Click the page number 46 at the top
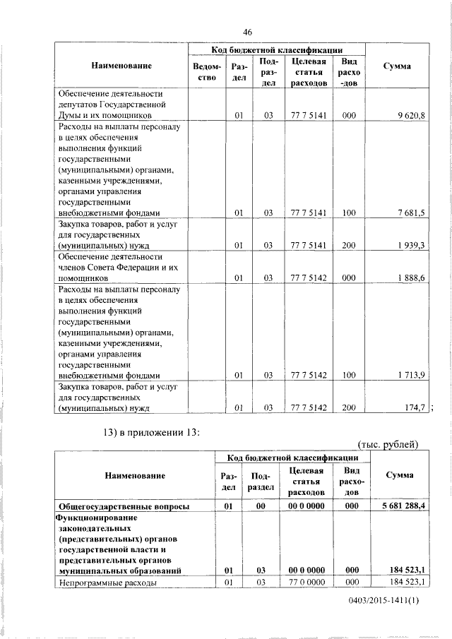tap(247, 32)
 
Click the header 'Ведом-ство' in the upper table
tap(204, 72)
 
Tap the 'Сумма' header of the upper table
tap(397, 66)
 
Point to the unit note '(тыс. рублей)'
tap(388, 444)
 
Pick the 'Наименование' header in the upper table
tap(121, 66)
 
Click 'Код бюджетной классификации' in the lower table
tap(291, 459)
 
